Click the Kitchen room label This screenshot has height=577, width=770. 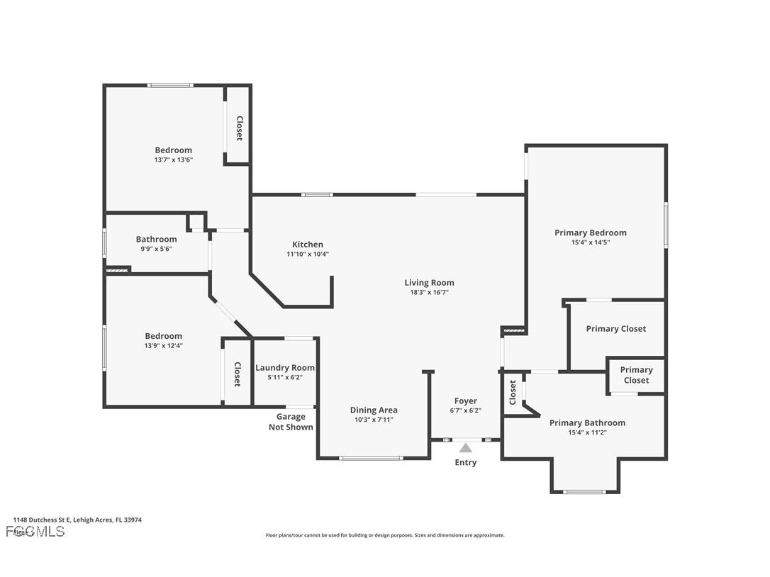pyautogui.click(x=307, y=245)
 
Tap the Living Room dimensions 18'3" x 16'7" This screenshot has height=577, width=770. pyautogui.click(x=429, y=292)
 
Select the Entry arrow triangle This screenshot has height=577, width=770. pyautogui.click(x=465, y=448)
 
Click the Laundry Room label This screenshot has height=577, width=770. pyautogui.click(x=284, y=368)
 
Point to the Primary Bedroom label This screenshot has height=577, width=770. pyautogui.click(x=590, y=233)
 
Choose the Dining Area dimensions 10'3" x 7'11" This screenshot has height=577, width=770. pyautogui.click(x=373, y=420)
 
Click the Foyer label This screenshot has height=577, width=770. pyautogui.click(x=465, y=401)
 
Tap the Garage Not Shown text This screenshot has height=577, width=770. pyautogui.click(x=291, y=422)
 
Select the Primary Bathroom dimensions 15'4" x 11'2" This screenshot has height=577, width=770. pyautogui.click(x=587, y=432)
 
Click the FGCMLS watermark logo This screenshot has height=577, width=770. pyautogui.click(x=35, y=532)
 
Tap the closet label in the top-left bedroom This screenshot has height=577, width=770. pyautogui.click(x=240, y=128)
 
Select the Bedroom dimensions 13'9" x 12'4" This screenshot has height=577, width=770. pyautogui.click(x=163, y=345)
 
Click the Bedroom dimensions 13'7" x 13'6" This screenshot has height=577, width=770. pyautogui.click(x=173, y=159)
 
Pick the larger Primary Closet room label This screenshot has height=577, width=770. pyautogui.click(x=615, y=329)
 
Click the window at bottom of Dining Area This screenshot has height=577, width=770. pyautogui.click(x=371, y=459)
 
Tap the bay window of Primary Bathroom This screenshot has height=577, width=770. pyautogui.click(x=584, y=491)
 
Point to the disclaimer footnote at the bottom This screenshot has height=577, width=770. pyautogui.click(x=385, y=535)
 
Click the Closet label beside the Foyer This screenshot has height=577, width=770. pyautogui.click(x=513, y=392)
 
